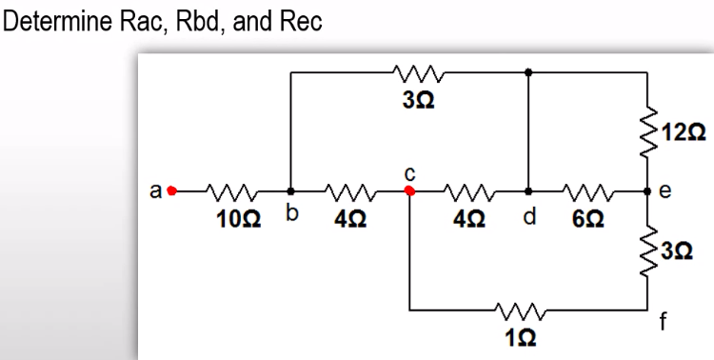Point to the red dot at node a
[172, 190]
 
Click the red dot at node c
[409, 190]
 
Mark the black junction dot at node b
[291, 190]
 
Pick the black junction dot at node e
[647, 190]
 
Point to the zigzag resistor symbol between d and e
[589, 190]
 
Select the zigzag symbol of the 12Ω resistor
[647, 130]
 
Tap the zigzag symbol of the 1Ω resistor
[516, 310]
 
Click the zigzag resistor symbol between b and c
[349, 190]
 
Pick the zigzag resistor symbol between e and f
[647, 250]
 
